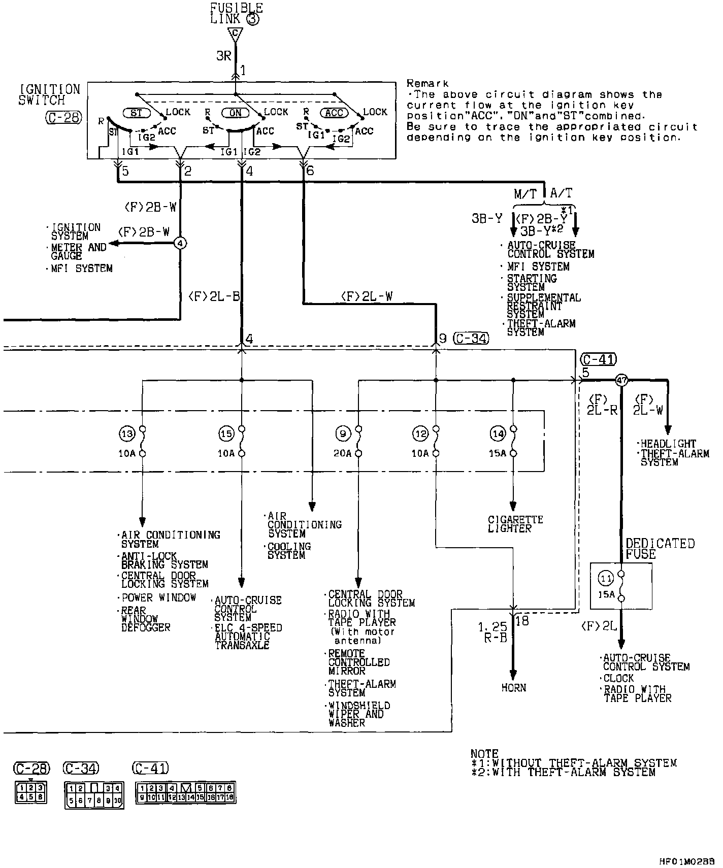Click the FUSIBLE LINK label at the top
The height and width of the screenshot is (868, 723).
[x=237, y=14]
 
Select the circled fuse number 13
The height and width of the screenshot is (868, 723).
[x=126, y=433]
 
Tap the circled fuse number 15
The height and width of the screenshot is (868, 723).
[x=226, y=433]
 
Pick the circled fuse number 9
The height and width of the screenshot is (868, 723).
[x=343, y=433]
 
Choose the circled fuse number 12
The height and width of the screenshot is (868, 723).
[x=420, y=433]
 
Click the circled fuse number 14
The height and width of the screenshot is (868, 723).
[x=498, y=433]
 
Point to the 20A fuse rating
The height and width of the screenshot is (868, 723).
[x=342, y=453]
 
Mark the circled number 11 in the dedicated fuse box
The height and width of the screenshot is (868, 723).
[x=606, y=578]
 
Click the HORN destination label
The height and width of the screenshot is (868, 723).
[x=513, y=688]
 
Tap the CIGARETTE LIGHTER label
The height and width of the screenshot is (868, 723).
[x=515, y=524]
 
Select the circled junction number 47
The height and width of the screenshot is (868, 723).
[x=621, y=380]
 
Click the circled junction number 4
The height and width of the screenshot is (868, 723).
[x=180, y=243]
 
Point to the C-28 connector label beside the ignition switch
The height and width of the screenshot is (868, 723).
[x=62, y=118]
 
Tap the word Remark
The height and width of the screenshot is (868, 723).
[x=428, y=83]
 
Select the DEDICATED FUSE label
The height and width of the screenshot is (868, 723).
[x=660, y=548]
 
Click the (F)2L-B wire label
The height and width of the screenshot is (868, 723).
[x=214, y=296]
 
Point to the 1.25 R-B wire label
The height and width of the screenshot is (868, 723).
[x=492, y=632]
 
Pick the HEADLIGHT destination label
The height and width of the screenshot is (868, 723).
[x=667, y=443]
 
